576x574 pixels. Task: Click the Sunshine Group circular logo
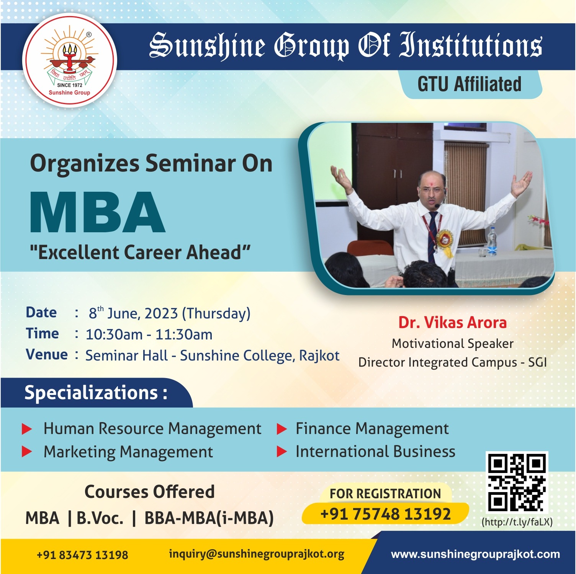pos(69,60)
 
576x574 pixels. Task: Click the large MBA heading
pos(98,212)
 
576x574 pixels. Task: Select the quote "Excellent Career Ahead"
pos(140,253)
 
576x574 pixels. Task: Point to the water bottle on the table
pos(492,241)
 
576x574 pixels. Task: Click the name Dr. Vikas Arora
pos(452,323)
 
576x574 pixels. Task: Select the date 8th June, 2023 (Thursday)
pos(170,313)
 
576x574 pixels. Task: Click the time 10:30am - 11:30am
pos(149,335)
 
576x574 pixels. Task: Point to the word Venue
pos(47,354)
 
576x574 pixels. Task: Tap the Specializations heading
pos(96,393)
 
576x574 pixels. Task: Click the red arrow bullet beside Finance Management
pos(282,429)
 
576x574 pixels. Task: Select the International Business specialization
pos(375,452)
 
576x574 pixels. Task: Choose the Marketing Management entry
pos(128,452)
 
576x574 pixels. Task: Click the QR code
pos(517,482)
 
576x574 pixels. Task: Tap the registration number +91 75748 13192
pos(385,514)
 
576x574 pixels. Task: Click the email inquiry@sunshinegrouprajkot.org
pos(257,554)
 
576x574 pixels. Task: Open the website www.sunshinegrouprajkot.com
pos(475,554)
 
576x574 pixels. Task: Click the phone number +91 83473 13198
pos(82,555)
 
